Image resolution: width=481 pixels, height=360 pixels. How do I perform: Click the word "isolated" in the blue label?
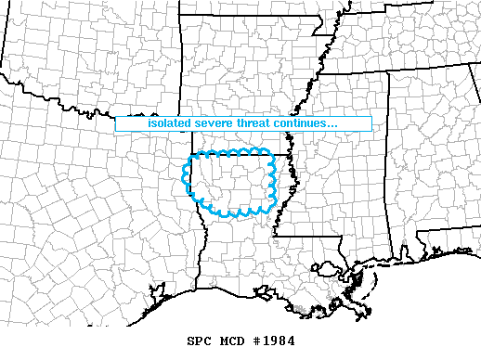pyautogui.click(x=170, y=123)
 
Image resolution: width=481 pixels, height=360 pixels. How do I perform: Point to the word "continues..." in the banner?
pyautogui.click(x=312, y=123)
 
